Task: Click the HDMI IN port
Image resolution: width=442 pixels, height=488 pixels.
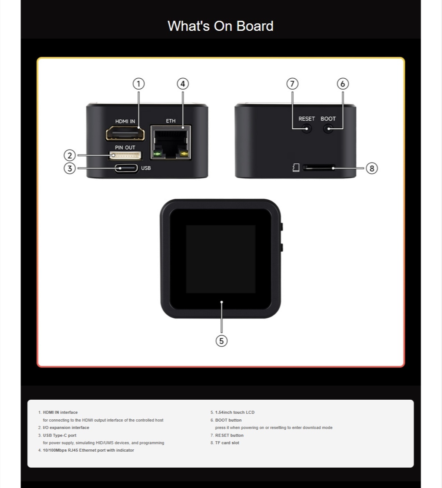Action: (125, 133)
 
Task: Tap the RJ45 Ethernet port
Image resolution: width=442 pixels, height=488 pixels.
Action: (171, 142)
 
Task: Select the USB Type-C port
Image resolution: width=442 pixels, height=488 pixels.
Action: (126, 168)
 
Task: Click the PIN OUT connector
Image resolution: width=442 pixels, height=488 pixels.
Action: (125, 155)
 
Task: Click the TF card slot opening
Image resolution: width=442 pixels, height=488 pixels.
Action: (319, 168)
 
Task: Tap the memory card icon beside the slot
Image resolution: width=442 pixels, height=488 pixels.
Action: (296, 168)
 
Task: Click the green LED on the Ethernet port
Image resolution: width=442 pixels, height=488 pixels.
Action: (157, 154)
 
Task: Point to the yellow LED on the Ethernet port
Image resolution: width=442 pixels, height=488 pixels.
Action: (185, 154)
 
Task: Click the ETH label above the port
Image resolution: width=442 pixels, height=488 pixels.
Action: (170, 121)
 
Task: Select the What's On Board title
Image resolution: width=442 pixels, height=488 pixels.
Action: (220, 26)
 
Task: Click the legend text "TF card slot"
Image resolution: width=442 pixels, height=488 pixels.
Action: (227, 443)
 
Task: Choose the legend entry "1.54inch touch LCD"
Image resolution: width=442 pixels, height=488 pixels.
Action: (235, 412)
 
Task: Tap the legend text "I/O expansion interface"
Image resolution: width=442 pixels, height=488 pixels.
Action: (66, 428)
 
